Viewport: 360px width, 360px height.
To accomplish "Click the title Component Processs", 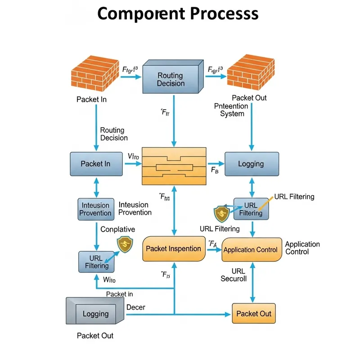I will pyautogui.click(x=178, y=14).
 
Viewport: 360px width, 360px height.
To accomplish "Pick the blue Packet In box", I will pyautogui.click(x=96, y=164).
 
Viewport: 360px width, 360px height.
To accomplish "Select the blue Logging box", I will pyautogui.click(x=251, y=164).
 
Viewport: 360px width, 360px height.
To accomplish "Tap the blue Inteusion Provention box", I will pyautogui.click(x=96, y=209).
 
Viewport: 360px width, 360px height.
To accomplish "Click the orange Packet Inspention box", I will pyautogui.click(x=173, y=248).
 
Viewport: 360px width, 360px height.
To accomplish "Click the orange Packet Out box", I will pyautogui.click(x=253, y=313).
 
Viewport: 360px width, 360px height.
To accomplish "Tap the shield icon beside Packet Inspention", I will pyautogui.click(x=124, y=245).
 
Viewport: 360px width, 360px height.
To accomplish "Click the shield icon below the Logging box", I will pyautogui.click(x=221, y=212).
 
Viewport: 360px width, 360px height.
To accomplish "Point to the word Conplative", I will pyautogui.click(x=117, y=229).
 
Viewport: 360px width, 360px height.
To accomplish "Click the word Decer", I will pyautogui.click(x=135, y=307).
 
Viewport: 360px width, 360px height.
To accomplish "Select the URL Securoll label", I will pyautogui.click(x=234, y=274).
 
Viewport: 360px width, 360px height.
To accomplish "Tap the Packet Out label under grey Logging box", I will pyautogui.click(x=95, y=336).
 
